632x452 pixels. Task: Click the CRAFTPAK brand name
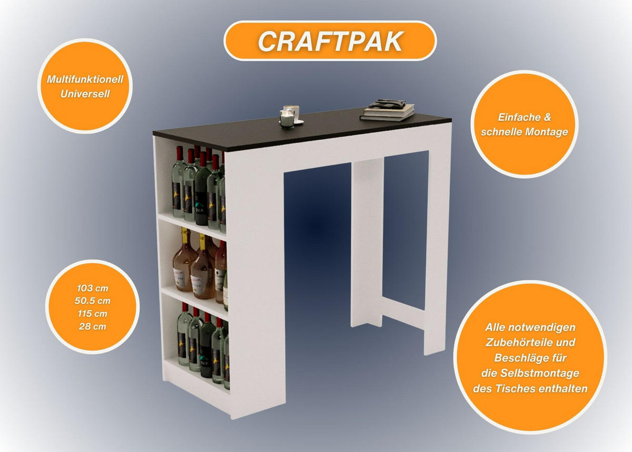pyautogui.click(x=330, y=41)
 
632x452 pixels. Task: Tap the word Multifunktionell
pyautogui.click(x=85, y=80)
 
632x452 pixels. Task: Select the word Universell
pyautogui.click(x=85, y=94)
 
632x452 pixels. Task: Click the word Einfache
pyautogui.click(x=516, y=117)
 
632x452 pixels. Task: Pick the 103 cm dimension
pyautogui.click(x=93, y=288)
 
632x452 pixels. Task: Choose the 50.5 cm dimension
pyautogui.click(x=93, y=301)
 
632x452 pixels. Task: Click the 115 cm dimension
pyautogui.click(x=93, y=314)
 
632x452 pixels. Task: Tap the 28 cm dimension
pyautogui.click(x=93, y=326)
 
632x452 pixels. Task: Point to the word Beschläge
pyautogui.click(x=519, y=358)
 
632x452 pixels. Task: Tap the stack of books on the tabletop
pyautogui.click(x=388, y=110)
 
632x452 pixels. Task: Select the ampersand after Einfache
pyautogui.click(x=547, y=117)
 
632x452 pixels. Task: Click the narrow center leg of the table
pyautogui.click(x=367, y=243)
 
